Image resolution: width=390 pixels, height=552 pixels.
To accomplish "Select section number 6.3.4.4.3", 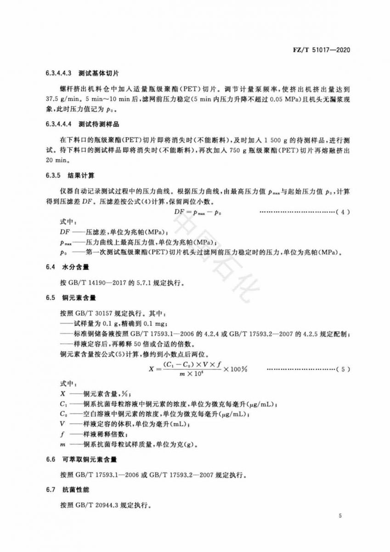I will (59, 73).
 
